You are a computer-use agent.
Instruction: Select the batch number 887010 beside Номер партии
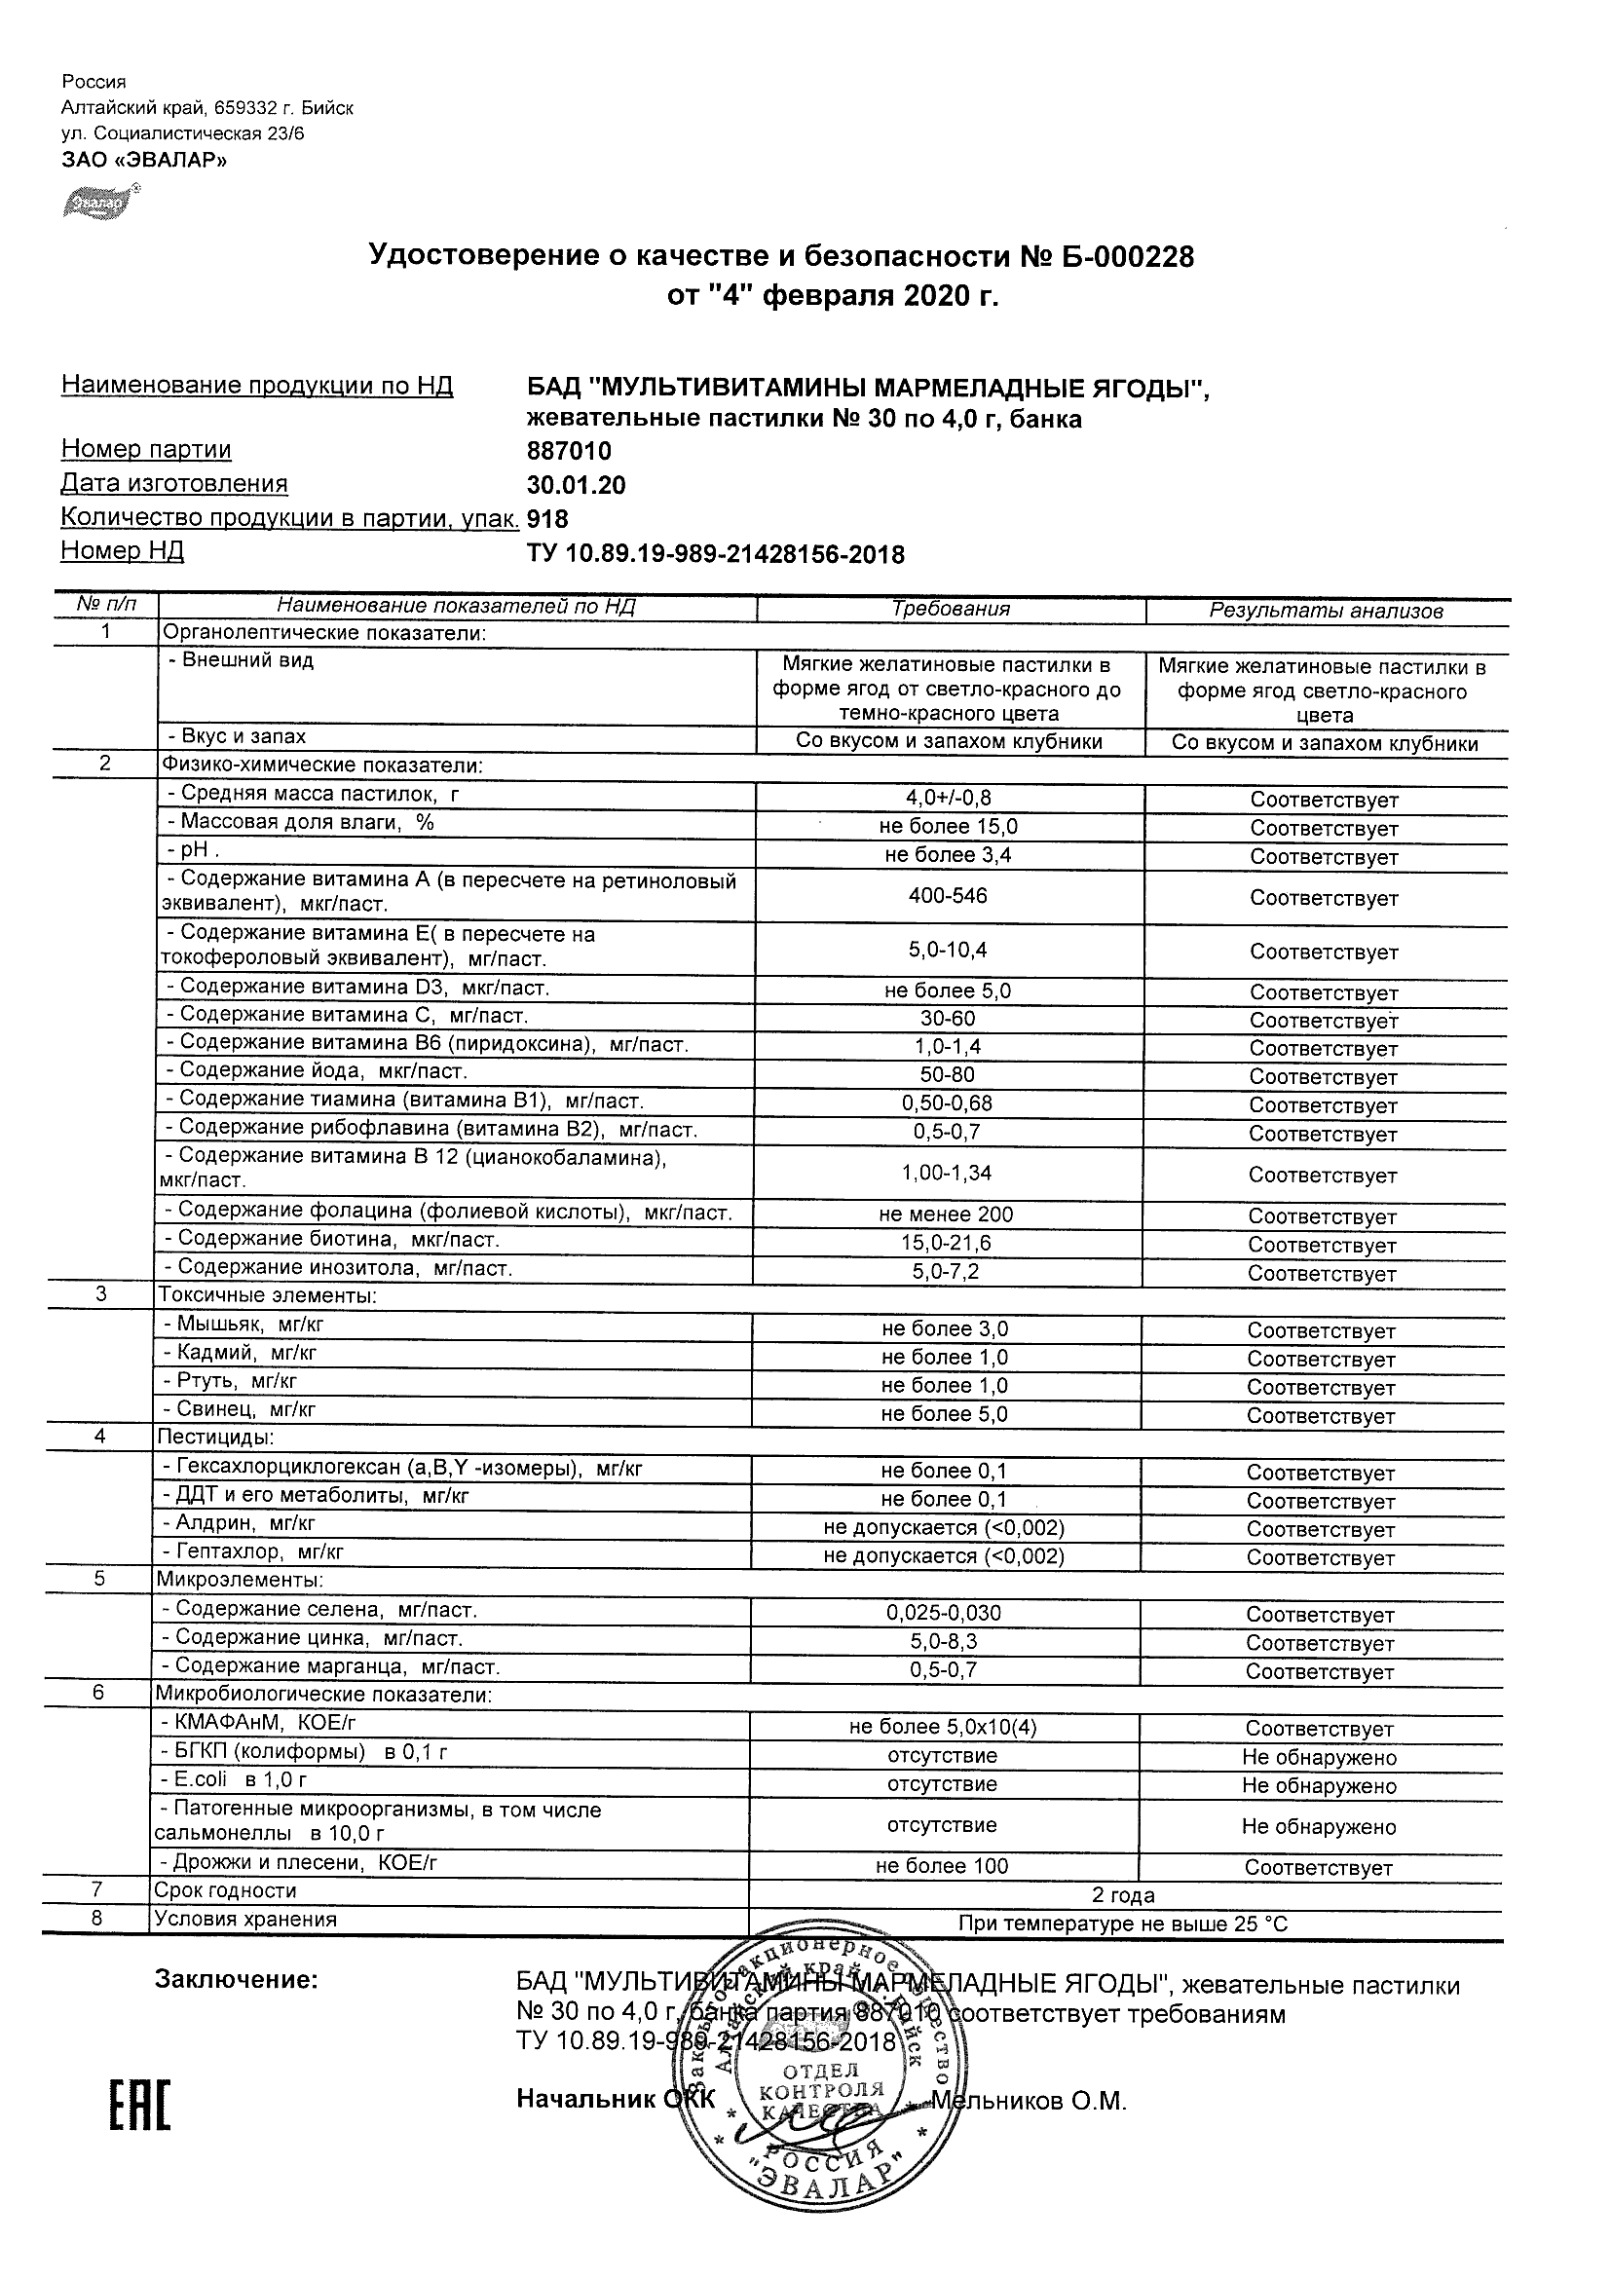pyautogui.click(x=569, y=452)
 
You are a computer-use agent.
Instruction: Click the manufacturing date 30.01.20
pyautogui.click(x=576, y=485)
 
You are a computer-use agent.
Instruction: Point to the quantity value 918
pyautogui.click(x=547, y=519)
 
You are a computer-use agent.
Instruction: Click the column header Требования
pyautogui.click(x=950, y=610)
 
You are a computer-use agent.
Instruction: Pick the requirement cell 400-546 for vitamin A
pyautogui.click(x=948, y=896)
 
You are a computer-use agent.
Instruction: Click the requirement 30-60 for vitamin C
pyautogui.click(x=948, y=1019)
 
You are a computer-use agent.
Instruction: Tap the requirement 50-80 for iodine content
pyautogui.click(x=948, y=1075)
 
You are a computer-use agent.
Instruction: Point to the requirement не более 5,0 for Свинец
pyautogui.click(x=944, y=1414)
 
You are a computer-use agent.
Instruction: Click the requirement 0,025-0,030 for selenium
pyautogui.click(x=943, y=1614)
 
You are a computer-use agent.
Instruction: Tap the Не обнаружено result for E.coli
pyautogui.click(x=1318, y=1784)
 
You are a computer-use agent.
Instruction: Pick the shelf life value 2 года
pyautogui.click(x=1123, y=1895)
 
